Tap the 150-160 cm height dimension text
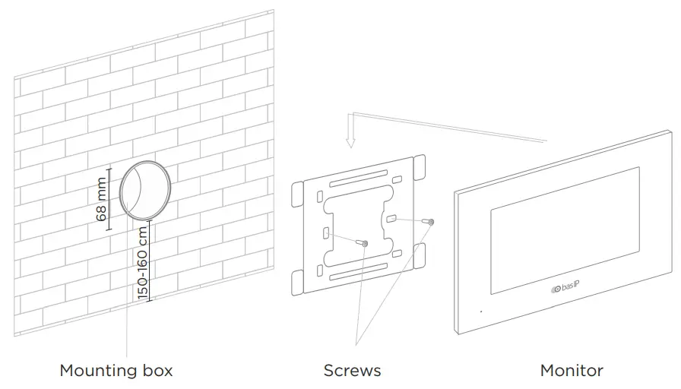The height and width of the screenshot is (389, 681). [141, 262]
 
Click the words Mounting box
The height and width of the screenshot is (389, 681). [116, 371]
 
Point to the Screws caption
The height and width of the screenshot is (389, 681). [352, 371]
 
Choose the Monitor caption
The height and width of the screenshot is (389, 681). [572, 371]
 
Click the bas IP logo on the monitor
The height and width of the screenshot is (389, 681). [566, 287]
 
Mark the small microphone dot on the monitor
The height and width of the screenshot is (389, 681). [480, 311]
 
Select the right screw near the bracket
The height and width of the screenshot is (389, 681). [431, 222]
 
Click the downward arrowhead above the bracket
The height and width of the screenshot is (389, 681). [350, 142]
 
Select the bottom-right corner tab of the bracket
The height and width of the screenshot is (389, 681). [418, 255]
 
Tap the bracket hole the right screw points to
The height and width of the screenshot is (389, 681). [391, 219]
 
